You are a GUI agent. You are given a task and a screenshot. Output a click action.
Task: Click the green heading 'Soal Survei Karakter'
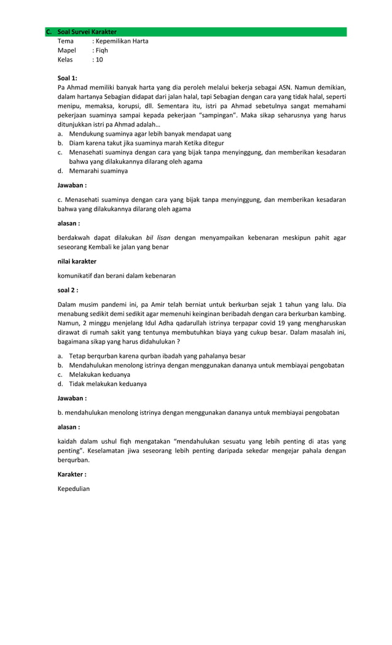[87, 32]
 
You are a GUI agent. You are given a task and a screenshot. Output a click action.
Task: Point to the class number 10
[99, 60]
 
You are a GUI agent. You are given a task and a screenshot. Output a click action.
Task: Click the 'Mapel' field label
[66, 50]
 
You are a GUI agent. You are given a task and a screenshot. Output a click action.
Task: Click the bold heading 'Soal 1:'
[68, 78]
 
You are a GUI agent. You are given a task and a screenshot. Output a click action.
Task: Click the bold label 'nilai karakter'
[77, 261]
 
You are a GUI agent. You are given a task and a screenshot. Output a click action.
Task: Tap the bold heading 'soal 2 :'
[68, 290]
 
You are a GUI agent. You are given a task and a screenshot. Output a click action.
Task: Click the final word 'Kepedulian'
[74, 489]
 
